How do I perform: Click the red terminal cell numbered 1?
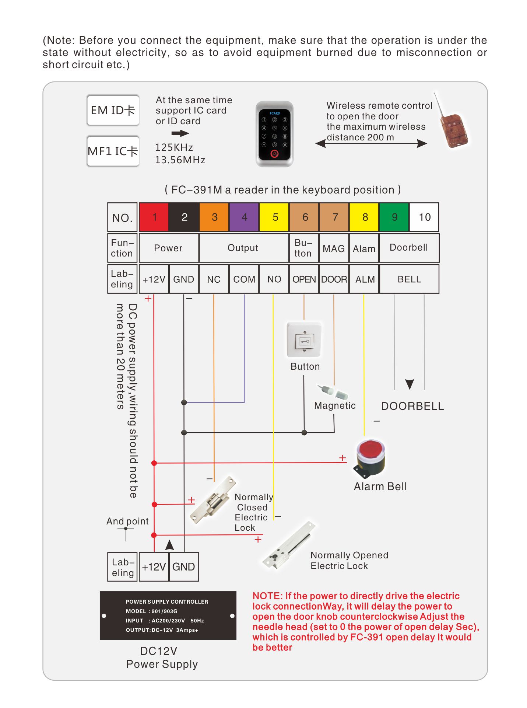click(x=154, y=217)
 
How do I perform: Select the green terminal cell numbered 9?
click(x=394, y=217)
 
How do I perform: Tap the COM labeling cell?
click(x=244, y=279)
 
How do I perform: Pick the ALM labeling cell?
click(x=364, y=279)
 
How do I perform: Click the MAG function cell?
click(x=334, y=248)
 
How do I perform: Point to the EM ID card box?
click(x=113, y=110)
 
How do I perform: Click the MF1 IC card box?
click(x=113, y=151)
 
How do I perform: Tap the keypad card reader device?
click(x=274, y=134)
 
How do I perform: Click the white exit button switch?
click(x=304, y=340)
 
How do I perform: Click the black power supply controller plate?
click(x=168, y=615)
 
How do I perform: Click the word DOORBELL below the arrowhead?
click(x=412, y=406)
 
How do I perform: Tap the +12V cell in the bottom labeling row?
click(x=154, y=567)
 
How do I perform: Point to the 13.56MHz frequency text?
click(x=180, y=160)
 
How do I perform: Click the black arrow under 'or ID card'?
click(x=180, y=133)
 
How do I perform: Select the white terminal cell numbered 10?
click(x=424, y=217)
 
